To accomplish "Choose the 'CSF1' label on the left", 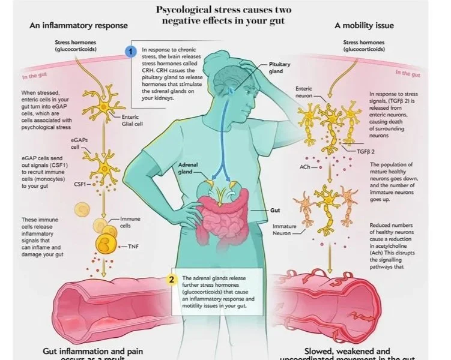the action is pyautogui.click(x=81, y=185).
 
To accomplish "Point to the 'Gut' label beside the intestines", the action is pyautogui.click(x=276, y=211).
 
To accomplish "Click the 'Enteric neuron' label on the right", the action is pyautogui.click(x=304, y=92).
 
